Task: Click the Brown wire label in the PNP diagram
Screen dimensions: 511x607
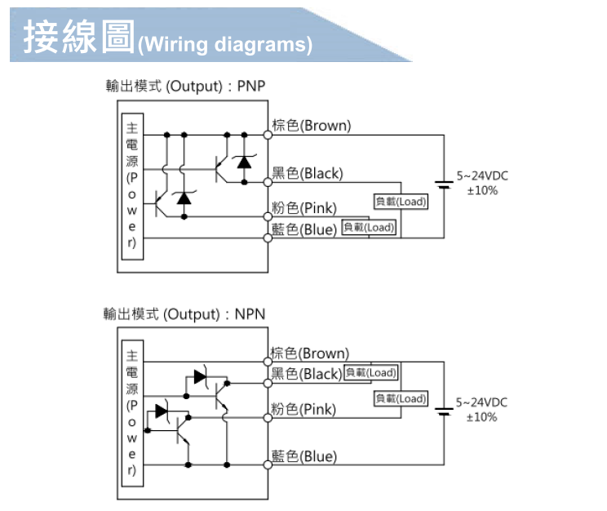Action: tap(311, 126)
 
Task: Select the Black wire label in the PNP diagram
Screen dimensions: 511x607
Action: tap(308, 173)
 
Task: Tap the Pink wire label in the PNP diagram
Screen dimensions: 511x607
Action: tap(303, 207)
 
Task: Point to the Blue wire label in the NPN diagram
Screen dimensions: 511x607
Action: tap(303, 456)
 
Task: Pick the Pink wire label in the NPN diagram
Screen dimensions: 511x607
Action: tap(303, 409)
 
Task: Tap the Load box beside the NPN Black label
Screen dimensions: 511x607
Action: tap(371, 373)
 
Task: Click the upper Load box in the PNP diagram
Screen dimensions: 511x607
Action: tap(401, 202)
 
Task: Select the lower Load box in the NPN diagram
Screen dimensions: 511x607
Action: tap(401, 398)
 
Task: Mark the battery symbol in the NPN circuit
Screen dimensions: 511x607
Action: tap(444, 411)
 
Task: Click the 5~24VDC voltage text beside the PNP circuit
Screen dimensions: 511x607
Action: tap(482, 176)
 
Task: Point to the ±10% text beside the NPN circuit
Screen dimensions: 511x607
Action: tap(481, 417)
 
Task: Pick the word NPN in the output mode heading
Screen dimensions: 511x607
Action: tap(250, 314)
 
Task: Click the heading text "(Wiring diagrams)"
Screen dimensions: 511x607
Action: tap(225, 44)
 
